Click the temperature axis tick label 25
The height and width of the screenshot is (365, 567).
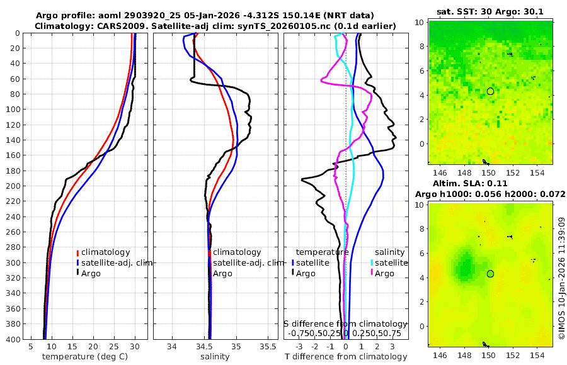pos(114,347)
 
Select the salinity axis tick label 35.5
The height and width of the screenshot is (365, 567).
pos(268,347)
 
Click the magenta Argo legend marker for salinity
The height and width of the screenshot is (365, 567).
pos(372,273)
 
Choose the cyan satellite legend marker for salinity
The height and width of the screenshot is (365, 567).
pos(372,262)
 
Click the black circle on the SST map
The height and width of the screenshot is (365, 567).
pos(490,91)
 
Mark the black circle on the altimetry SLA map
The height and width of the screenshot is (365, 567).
pos(490,274)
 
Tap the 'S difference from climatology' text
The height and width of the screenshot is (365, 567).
pos(345,323)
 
